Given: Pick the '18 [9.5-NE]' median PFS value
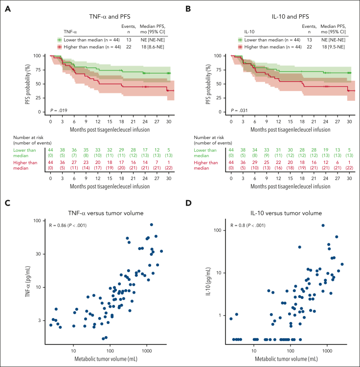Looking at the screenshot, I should point(333,46).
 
